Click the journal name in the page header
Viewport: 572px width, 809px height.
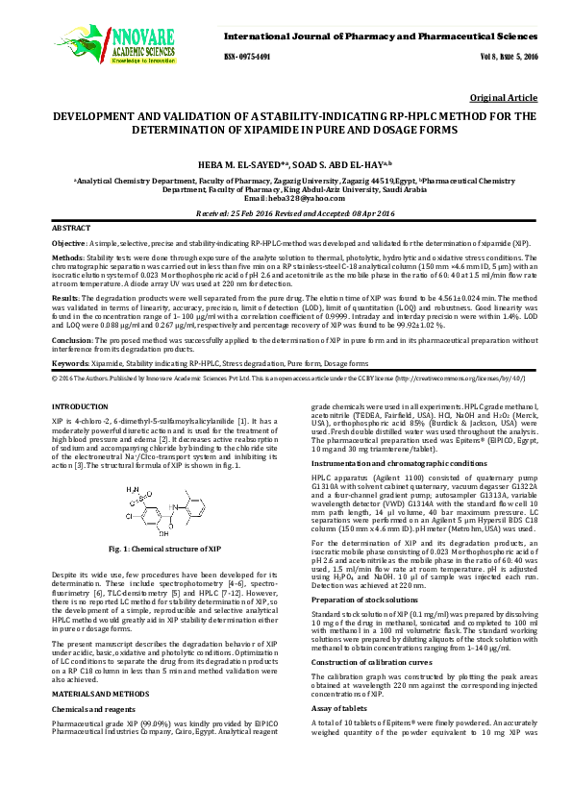[x=395, y=36]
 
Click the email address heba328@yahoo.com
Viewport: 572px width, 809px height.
[x=286, y=198]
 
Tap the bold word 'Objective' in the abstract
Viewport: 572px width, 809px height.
[x=68, y=245]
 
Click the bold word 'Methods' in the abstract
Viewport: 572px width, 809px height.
[x=67, y=258]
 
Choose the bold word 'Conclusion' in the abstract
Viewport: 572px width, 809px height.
[x=72, y=340]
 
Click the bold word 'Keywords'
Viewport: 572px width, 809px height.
[x=70, y=364]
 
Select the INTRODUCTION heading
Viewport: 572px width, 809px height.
[x=81, y=407]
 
